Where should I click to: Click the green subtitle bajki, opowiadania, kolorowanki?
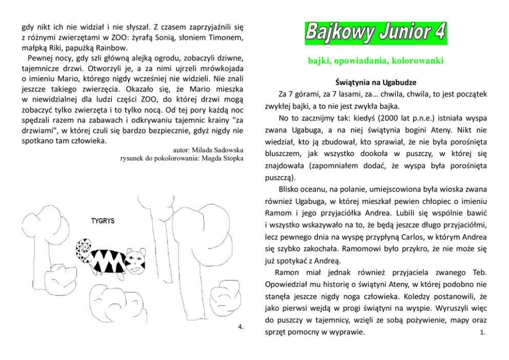pyautogui.click(x=375, y=61)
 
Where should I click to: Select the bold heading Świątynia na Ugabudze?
pyautogui.click(x=375, y=82)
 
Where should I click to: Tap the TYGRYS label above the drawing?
pyautogui.click(x=103, y=221)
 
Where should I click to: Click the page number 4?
pyautogui.click(x=241, y=327)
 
